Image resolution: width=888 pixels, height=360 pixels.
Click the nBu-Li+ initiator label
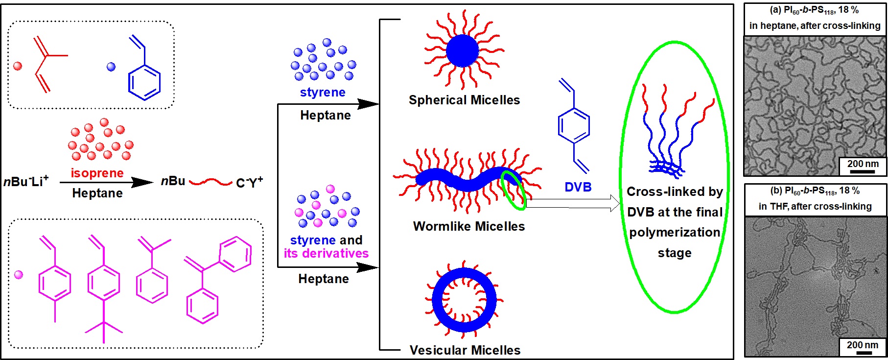tap(26, 182)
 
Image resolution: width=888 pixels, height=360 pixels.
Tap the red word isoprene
tap(97, 173)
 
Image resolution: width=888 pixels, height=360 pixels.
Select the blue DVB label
tap(578, 187)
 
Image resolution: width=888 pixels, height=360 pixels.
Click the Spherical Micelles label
tap(464, 100)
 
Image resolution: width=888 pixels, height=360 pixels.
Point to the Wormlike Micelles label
tap(468, 226)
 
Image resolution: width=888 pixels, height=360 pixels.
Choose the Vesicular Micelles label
tap(465, 350)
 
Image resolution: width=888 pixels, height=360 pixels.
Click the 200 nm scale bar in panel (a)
tap(862, 171)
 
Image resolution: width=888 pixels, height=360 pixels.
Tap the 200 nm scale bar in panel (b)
tap(864, 352)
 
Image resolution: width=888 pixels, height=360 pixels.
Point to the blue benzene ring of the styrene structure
tap(144, 82)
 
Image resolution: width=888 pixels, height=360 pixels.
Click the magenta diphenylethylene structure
tap(215, 279)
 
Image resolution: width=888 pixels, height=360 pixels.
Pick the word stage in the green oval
tap(674, 253)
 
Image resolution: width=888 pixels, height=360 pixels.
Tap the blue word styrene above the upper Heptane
tap(323, 93)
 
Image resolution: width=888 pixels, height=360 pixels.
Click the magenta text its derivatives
tap(326, 253)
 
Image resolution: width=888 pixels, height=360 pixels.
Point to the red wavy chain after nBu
tap(210, 183)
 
